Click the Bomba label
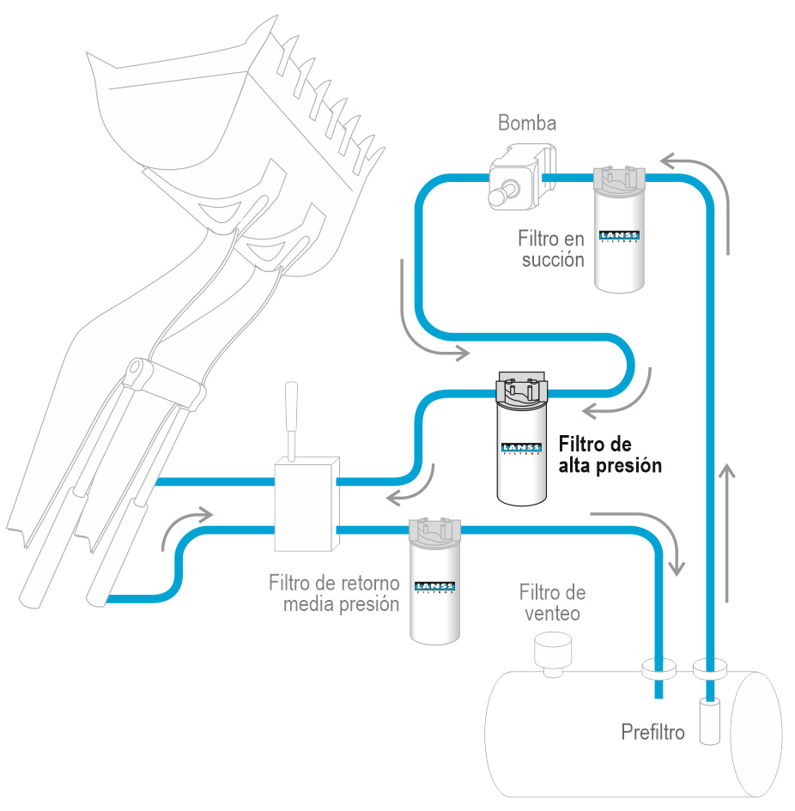click(527, 123)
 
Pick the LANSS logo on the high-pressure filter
click(521, 447)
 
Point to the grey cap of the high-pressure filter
click(521, 390)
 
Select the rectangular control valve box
click(304, 505)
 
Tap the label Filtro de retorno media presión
click(334, 594)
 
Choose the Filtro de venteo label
click(551, 602)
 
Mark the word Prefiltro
click(652, 733)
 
